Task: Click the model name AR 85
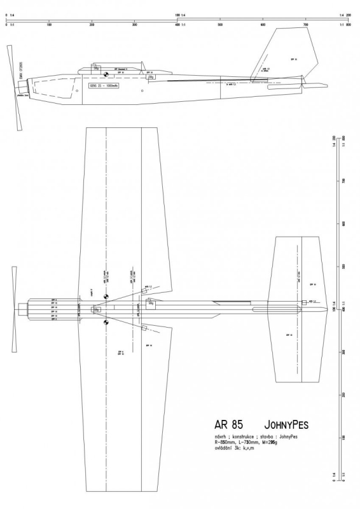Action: click(x=228, y=424)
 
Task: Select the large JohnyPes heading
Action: click(x=284, y=424)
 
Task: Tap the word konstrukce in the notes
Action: click(x=244, y=438)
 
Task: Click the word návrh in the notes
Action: click(x=221, y=438)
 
